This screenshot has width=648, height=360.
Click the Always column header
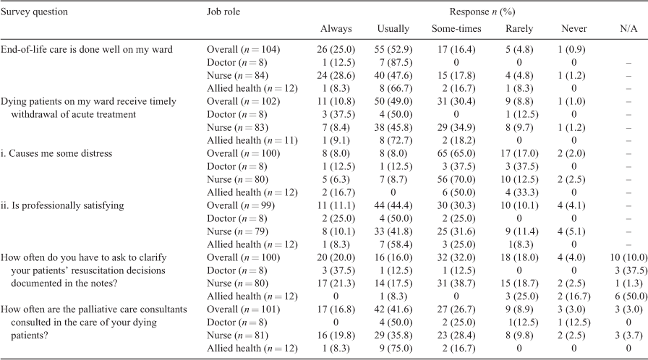pyautogui.click(x=336, y=28)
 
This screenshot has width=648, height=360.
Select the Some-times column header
pyautogui.click(x=456, y=28)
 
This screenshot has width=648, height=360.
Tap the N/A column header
pyautogui.click(x=628, y=28)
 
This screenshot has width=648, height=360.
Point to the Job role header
pyautogui.click(x=223, y=12)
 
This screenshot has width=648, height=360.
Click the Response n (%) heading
pyautogui.click(x=482, y=12)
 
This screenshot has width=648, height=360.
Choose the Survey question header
pyautogui.click(x=34, y=12)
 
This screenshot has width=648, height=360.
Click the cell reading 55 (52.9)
pyautogui.click(x=393, y=50)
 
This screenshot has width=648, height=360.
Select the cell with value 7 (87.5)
pyautogui.click(x=393, y=62)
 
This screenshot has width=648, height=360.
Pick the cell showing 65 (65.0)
pyautogui.click(x=456, y=153)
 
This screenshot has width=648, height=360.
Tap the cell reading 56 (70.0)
pyautogui.click(x=456, y=179)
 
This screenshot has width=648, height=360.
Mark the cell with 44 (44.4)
pyautogui.click(x=393, y=205)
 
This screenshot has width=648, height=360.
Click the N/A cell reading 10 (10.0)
pyautogui.click(x=628, y=257)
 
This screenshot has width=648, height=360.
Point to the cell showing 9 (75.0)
pyautogui.click(x=393, y=348)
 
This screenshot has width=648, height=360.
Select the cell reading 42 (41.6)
pyautogui.click(x=393, y=309)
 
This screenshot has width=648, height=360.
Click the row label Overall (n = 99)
pyautogui.click(x=241, y=205)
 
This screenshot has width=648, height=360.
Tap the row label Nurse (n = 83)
pyautogui.click(x=237, y=127)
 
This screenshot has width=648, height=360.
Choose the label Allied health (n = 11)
pyautogui.click(x=252, y=141)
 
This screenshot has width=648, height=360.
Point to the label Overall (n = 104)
pyautogui.click(x=243, y=50)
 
